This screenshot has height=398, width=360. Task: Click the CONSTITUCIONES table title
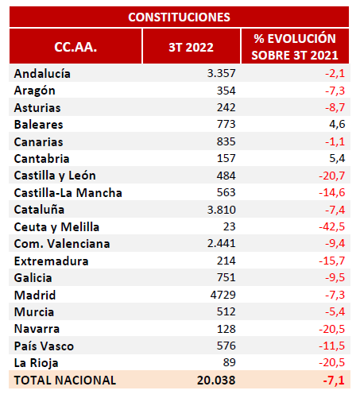point(179,17)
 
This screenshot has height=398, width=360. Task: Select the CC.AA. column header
point(75,47)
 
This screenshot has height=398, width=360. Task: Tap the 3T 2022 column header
point(191,48)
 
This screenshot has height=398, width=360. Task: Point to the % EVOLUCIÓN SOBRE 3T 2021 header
point(295,47)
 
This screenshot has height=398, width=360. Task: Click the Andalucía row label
point(42,74)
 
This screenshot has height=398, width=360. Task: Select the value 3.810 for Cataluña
point(222,210)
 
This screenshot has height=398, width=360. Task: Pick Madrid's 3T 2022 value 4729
point(223,295)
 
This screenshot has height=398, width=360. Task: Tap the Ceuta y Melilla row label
point(56,227)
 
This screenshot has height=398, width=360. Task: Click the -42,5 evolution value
point(332,226)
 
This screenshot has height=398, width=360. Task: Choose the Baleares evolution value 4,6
point(337,124)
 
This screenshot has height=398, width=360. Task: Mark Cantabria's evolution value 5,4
point(337,158)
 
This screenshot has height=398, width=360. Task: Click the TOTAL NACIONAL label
point(65,381)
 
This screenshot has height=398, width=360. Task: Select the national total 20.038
point(216,381)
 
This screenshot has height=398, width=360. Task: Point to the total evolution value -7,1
point(334,381)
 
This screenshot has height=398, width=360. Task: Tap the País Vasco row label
point(44,346)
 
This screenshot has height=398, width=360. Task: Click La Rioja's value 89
point(229,362)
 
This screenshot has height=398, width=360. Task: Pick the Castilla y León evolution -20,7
point(332,176)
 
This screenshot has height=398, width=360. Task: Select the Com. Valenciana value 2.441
point(222,244)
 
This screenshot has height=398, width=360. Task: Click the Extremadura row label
point(51,261)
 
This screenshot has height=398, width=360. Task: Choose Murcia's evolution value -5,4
point(335,311)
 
